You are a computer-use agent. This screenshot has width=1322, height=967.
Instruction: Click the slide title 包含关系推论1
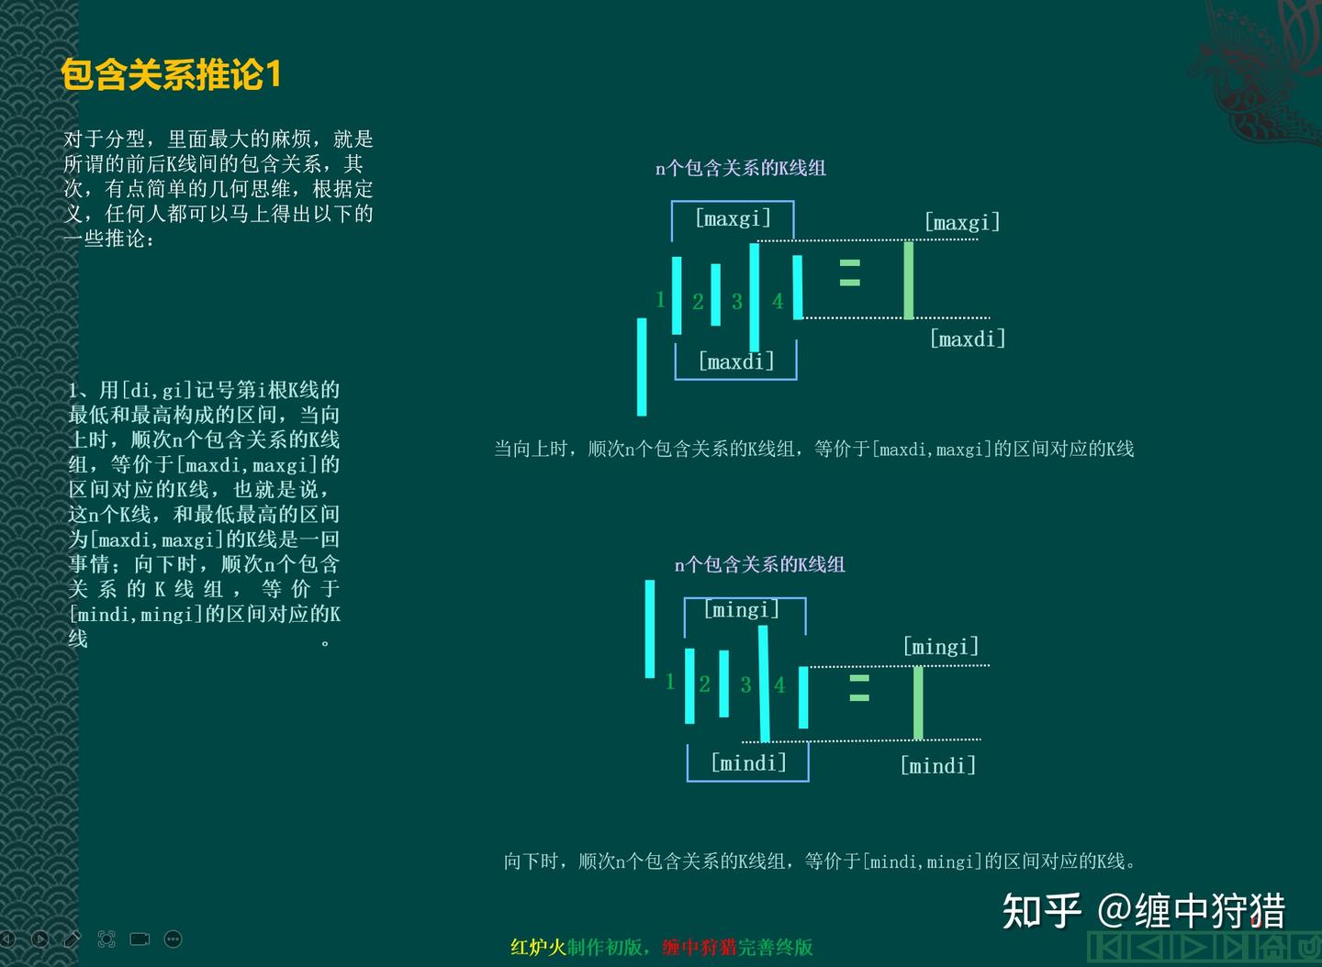click(x=171, y=75)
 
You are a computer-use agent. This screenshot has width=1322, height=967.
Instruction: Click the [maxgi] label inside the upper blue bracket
click(x=733, y=218)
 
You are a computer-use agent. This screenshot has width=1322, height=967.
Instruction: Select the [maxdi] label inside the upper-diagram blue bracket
click(x=736, y=361)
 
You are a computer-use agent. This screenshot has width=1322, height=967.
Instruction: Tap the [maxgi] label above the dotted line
click(x=962, y=222)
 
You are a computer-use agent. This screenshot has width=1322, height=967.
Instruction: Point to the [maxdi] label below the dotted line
click(x=968, y=339)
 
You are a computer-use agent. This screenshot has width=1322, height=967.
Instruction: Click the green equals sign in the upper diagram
click(x=850, y=272)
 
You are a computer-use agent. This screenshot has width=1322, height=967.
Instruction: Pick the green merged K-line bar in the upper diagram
click(x=908, y=280)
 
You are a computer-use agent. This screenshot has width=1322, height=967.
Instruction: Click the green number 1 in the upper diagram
click(x=660, y=299)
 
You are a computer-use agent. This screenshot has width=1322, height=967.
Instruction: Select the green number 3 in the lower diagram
click(x=745, y=684)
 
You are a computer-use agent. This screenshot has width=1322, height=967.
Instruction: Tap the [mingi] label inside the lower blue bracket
click(x=742, y=609)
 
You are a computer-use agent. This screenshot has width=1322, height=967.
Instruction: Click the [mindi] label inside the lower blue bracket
click(x=749, y=762)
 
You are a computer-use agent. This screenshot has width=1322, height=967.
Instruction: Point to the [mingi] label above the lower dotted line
click(x=941, y=647)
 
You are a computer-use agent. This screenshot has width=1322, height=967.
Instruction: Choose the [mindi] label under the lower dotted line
click(x=938, y=765)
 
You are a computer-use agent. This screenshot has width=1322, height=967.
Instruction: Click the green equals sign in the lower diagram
click(x=859, y=688)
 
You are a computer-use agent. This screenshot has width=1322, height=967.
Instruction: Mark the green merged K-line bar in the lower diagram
click(x=918, y=702)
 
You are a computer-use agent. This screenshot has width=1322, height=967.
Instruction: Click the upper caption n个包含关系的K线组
click(x=741, y=168)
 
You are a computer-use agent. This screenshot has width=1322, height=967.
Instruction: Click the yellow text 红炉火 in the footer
click(x=538, y=947)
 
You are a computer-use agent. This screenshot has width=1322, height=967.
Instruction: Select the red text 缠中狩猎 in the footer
click(x=700, y=947)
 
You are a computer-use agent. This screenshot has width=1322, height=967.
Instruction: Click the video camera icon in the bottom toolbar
click(x=140, y=939)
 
